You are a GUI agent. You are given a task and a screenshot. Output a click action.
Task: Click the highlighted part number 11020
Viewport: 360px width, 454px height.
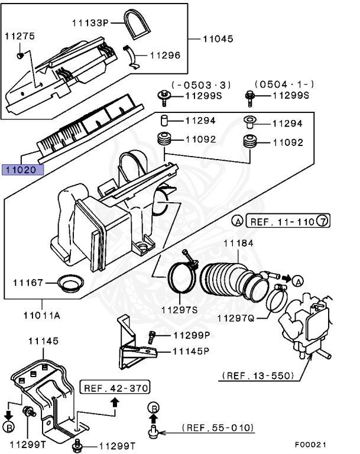coord(22,170)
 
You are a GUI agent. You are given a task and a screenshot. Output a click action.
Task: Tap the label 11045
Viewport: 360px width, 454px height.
coord(218,38)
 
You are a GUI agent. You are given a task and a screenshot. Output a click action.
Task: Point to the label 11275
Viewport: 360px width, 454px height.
coord(20,36)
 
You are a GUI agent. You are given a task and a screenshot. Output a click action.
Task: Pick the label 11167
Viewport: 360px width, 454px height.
coord(27,283)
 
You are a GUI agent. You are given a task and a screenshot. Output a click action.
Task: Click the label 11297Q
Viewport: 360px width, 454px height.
coord(235,319)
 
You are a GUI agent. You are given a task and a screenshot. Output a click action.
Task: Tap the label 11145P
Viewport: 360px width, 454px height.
coord(192,351)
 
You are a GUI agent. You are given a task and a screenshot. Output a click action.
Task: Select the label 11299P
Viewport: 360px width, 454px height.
coord(192,335)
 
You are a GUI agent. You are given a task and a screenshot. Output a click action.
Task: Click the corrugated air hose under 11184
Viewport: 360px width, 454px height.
coord(225,278)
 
